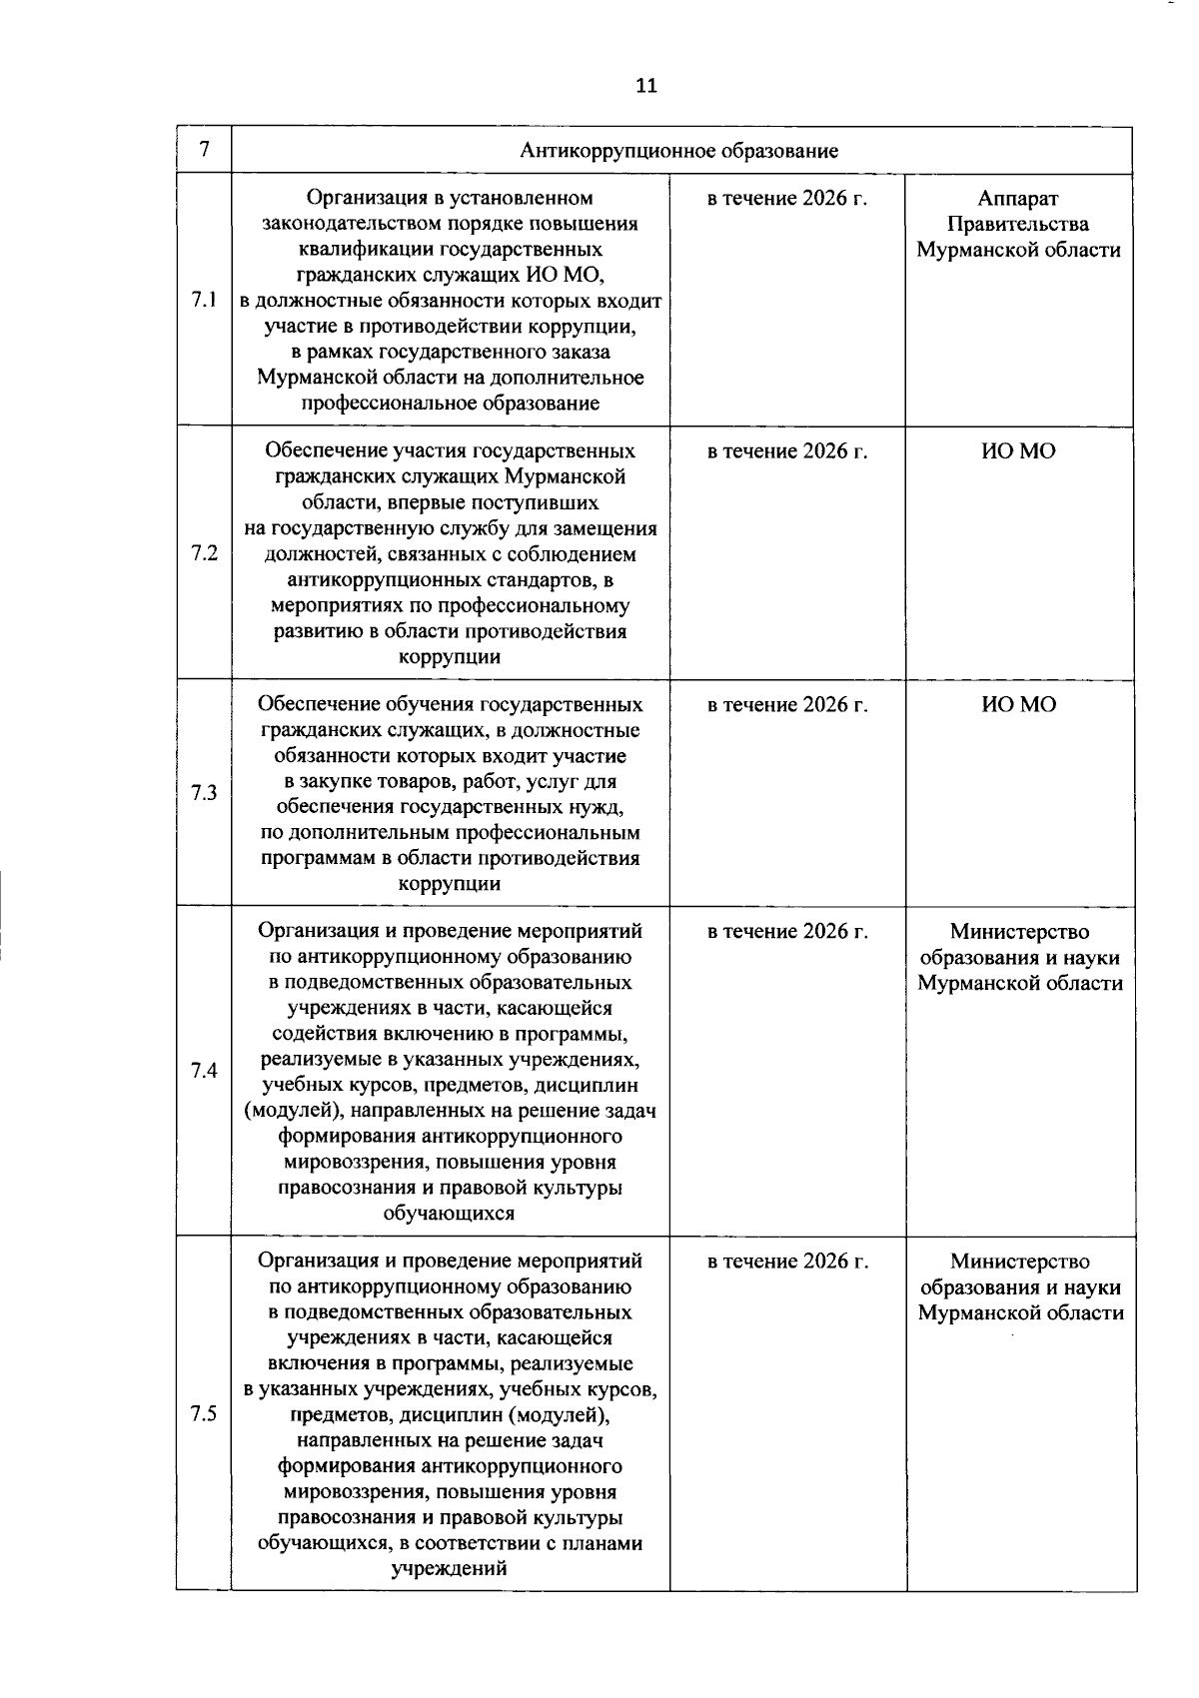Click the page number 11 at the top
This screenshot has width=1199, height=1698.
(x=646, y=86)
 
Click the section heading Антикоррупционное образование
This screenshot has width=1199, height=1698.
(x=678, y=151)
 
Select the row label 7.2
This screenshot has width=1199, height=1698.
(x=203, y=553)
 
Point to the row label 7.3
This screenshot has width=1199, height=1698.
(x=203, y=793)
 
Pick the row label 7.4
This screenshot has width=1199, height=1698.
(x=203, y=1071)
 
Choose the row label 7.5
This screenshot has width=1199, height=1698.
(x=203, y=1413)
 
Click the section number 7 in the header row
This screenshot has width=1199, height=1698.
(x=203, y=151)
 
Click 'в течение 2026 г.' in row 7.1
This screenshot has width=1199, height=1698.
(x=786, y=199)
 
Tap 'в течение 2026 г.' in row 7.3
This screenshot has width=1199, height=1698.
(x=786, y=705)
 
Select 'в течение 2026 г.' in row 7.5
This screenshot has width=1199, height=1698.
(x=786, y=1262)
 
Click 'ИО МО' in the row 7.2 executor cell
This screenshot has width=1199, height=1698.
(x=1018, y=452)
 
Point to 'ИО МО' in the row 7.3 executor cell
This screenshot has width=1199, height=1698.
(x=1018, y=705)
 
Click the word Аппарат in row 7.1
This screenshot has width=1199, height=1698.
(x=1018, y=199)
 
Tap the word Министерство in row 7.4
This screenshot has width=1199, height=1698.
(x=1019, y=932)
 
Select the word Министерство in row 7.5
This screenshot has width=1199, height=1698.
(x=1019, y=1262)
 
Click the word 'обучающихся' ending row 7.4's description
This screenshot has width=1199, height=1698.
(x=450, y=1214)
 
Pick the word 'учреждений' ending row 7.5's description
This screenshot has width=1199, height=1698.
(x=450, y=1568)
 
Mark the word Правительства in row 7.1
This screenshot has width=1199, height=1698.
(x=1018, y=225)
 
